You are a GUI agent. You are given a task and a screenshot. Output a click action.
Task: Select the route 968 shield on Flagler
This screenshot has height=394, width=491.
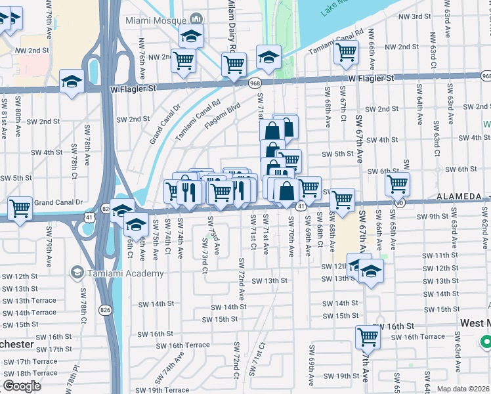click(x=254, y=82)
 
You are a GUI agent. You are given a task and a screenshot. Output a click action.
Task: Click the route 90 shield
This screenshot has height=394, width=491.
click(x=400, y=204)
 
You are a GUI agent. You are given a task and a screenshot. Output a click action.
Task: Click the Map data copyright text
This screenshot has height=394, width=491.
click(x=463, y=389)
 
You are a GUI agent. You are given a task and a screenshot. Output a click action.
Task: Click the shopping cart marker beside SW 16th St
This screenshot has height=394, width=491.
click(x=368, y=338)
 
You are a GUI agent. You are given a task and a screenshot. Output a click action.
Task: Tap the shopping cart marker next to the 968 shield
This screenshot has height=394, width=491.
click(x=234, y=64)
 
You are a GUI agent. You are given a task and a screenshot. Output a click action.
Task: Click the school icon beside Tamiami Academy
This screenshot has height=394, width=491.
click(x=77, y=272)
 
